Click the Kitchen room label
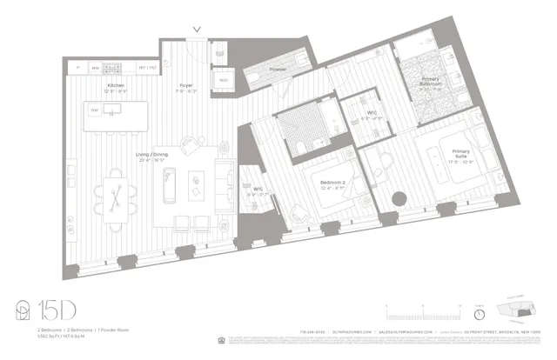[x=117, y=84]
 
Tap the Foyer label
[x=185, y=84]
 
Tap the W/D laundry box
[x=224, y=80]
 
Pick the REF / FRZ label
[x=146, y=67]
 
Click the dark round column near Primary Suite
[x=399, y=198]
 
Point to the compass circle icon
[x=480, y=313]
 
